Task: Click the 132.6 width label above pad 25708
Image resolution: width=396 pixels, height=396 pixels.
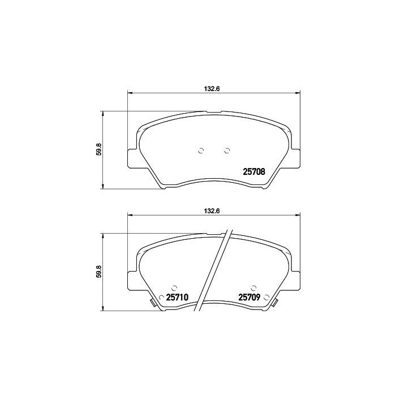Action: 211,88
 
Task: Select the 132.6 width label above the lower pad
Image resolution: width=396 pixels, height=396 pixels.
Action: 211,210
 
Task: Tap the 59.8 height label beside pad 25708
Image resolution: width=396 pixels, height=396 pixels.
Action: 98,150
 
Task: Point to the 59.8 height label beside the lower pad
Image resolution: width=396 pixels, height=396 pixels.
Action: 98,272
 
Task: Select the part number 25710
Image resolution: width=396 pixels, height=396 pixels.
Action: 177,297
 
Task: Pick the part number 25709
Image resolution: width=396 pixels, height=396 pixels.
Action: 249,297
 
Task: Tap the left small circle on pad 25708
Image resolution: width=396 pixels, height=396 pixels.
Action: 200,150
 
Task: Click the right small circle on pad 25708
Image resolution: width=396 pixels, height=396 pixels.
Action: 227,150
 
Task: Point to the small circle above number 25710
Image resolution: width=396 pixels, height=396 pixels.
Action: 174,287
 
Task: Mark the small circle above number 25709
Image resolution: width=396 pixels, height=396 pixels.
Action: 253,287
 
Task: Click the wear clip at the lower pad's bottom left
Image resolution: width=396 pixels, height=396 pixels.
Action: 153,304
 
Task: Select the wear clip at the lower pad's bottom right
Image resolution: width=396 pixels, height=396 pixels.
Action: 274,304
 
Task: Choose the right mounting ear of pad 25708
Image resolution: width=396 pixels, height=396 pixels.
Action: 295,158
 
